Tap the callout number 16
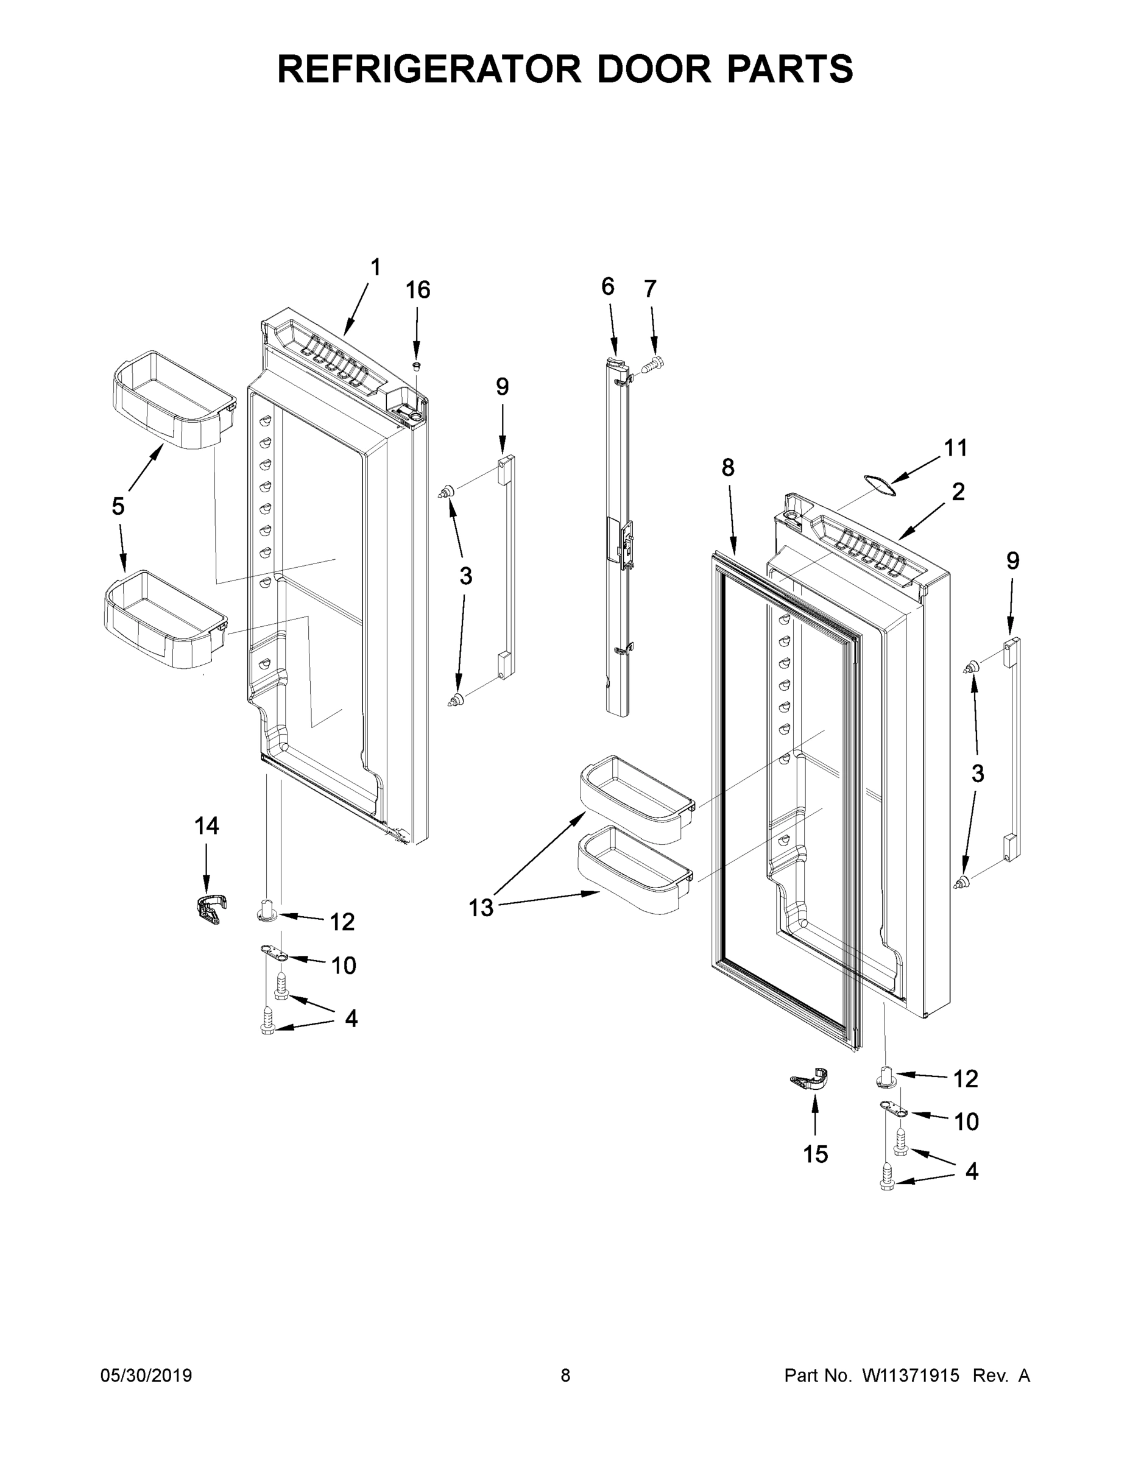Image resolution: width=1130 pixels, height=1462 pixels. (x=418, y=290)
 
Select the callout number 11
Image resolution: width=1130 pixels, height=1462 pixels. (x=955, y=447)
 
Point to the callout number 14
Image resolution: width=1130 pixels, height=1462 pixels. (x=206, y=826)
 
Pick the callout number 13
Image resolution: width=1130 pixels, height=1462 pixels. (x=481, y=908)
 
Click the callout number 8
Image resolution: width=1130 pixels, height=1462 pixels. (x=729, y=467)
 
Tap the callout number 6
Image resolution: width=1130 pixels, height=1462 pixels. (x=607, y=286)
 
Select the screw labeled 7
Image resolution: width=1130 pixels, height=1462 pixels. (x=652, y=365)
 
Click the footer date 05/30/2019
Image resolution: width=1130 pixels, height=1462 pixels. (x=146, y=1375)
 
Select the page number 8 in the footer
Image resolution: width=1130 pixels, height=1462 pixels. (x=565, y=1375)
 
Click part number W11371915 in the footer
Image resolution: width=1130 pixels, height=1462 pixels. (x=911, y=1375)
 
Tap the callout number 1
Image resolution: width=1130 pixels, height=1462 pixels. (x=376, y=267)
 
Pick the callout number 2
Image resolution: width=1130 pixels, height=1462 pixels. (x=958, y=492)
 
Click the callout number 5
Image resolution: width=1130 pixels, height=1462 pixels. (x=118, y=506)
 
